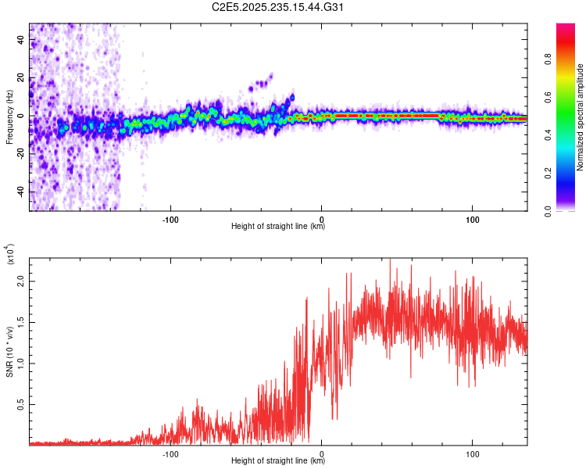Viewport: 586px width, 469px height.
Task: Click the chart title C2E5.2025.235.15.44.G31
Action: (x=278, y=7)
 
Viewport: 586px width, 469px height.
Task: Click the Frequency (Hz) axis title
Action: (x=9, y=116)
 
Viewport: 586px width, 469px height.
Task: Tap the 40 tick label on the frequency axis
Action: (x=21, y=40)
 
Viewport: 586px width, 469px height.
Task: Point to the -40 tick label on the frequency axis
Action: (x=21, y=192)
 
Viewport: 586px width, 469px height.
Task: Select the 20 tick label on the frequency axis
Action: (x=21, y=78)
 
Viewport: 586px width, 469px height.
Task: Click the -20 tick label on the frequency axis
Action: (x=21, y=155)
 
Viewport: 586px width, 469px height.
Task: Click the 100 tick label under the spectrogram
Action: (x=472, y=220)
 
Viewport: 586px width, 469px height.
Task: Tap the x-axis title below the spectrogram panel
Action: (x=278, y=227)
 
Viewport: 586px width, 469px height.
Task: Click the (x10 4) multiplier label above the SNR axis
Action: (x=10, y=254)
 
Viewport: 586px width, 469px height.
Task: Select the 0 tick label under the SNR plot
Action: (x=321, y=454)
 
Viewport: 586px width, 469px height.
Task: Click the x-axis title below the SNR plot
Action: (x=278, y=462)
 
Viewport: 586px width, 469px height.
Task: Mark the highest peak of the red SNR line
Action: (x=390, y=260)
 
